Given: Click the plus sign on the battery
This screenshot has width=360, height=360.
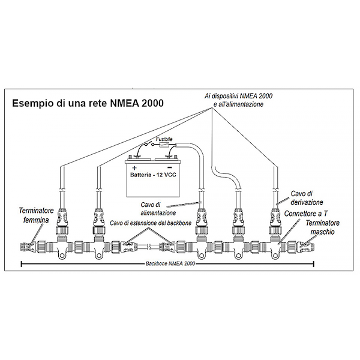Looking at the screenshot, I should tap(134, 167).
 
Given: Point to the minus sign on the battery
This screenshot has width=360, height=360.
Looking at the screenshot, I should tap(170, 167).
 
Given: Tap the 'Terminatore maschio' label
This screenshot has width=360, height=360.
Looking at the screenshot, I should tap(322, 227).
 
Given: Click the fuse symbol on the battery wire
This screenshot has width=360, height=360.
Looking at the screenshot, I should tap(164, 146).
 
